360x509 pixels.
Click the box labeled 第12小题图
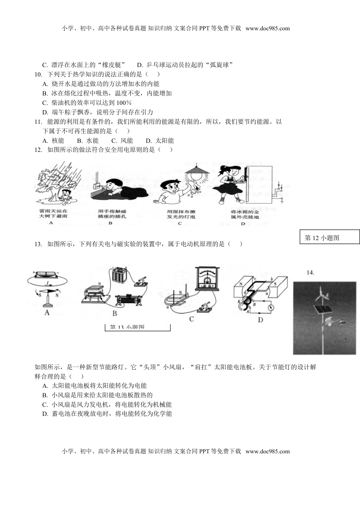329,237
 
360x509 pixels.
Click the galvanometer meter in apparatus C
207,278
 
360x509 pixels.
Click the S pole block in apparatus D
279,288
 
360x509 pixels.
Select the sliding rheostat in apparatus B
128,300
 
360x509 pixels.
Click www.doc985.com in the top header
268,28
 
